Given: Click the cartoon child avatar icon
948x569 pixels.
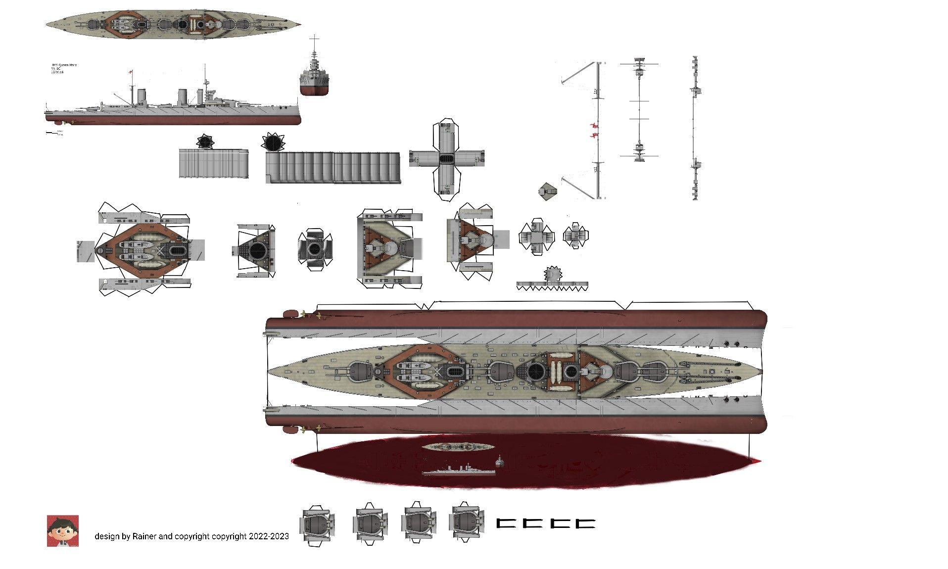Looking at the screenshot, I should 62,531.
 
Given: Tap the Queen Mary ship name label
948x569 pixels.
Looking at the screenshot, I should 64,65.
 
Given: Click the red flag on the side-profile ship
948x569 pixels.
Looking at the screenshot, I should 131,72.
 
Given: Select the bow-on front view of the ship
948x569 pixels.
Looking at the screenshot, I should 314,74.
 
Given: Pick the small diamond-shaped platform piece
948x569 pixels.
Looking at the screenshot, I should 547,191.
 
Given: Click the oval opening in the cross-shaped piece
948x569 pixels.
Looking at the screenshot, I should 447,159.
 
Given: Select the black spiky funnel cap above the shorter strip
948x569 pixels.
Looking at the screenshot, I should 205,142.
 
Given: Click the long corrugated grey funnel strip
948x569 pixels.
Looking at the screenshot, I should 332,167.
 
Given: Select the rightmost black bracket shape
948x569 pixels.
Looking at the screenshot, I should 585,523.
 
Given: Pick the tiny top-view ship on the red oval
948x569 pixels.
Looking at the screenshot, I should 458,446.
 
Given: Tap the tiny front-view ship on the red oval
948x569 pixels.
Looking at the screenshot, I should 500,462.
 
